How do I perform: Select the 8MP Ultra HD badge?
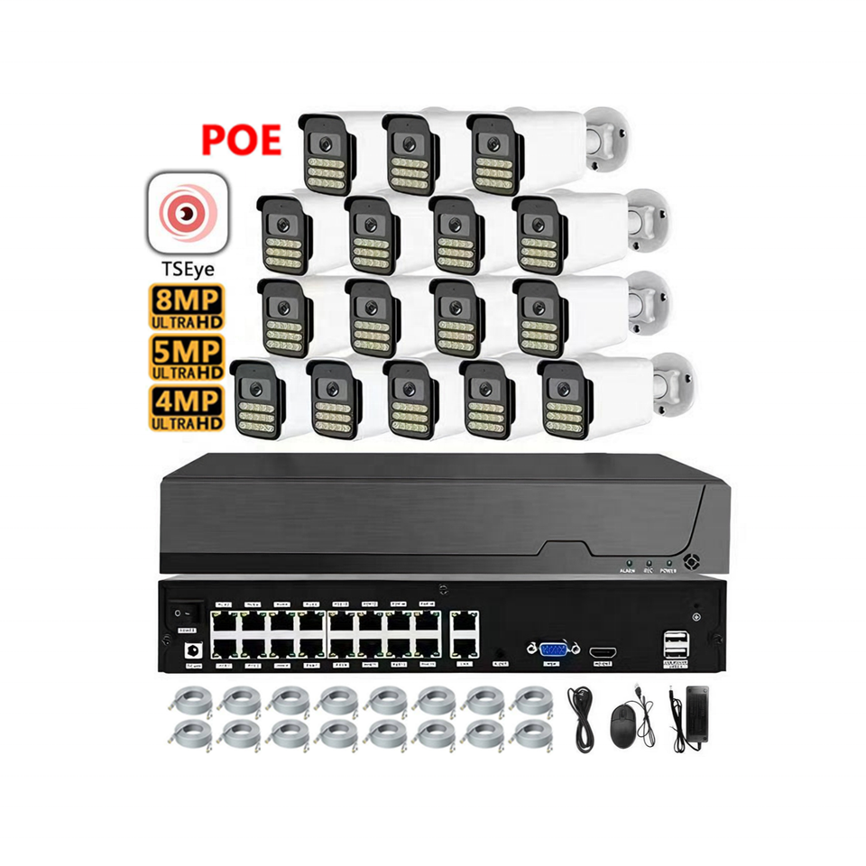tap(186, 306)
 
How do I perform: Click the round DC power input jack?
tap(190, 649)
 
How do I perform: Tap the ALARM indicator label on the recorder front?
tap(627, 571)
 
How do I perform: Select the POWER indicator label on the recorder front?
tap(668, 571)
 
